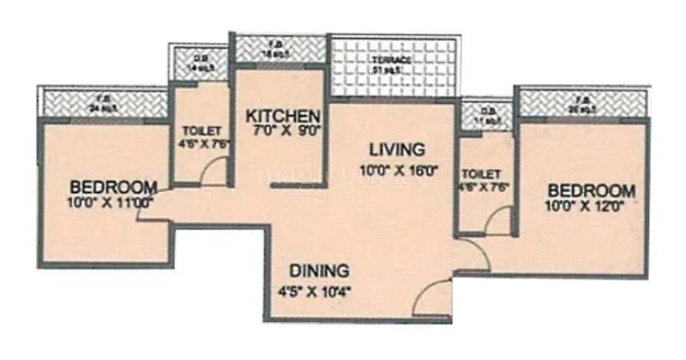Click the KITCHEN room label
point(283,116)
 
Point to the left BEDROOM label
point(113,187)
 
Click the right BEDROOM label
point(592,190)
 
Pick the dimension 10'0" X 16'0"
point(399,169)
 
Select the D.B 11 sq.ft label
point(489,117)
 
